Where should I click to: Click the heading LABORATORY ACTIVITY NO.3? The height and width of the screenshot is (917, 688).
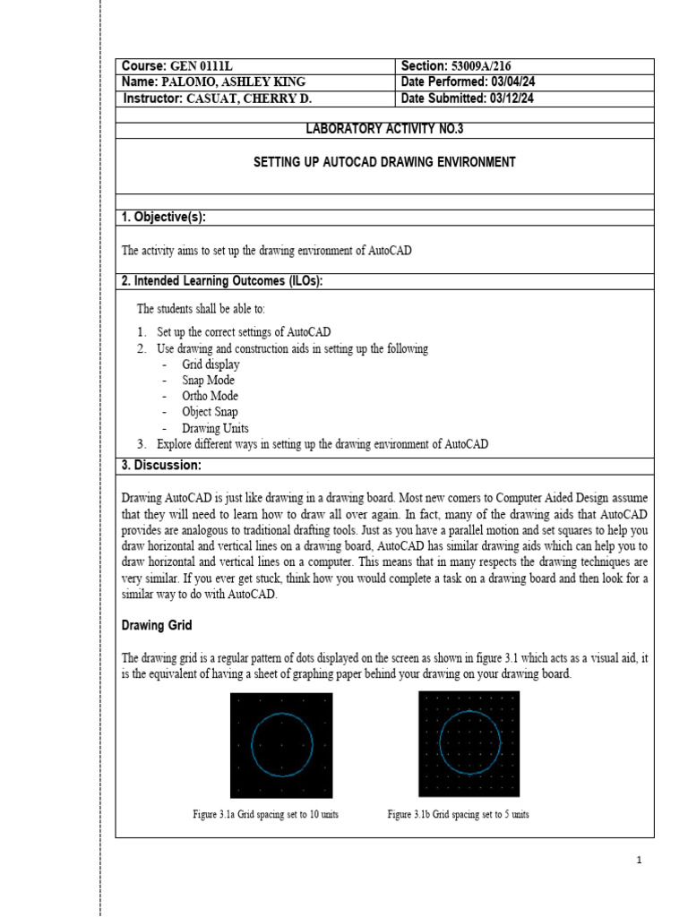coord(384,130)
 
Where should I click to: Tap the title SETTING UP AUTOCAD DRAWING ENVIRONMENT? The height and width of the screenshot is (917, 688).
coord(384,162)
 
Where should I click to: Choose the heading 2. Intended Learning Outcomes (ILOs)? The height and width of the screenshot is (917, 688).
coord(221,281)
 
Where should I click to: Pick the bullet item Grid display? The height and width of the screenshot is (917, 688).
coord(211,364)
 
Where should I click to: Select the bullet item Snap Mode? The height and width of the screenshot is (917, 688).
coord(208,381)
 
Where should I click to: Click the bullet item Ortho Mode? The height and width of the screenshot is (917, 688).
coord(210,396)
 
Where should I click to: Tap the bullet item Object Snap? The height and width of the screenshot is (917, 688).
coord(210,412)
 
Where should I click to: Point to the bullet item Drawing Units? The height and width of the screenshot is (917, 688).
coord(215,428)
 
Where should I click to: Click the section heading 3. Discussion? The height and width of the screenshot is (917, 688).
coord(161,466)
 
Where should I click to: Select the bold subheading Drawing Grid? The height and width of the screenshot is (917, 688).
coord(156,625)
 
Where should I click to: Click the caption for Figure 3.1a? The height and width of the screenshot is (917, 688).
coord(265,815)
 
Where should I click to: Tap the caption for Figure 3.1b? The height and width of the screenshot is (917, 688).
coord(458,815)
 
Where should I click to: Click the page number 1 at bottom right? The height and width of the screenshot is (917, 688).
coord(640,861)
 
